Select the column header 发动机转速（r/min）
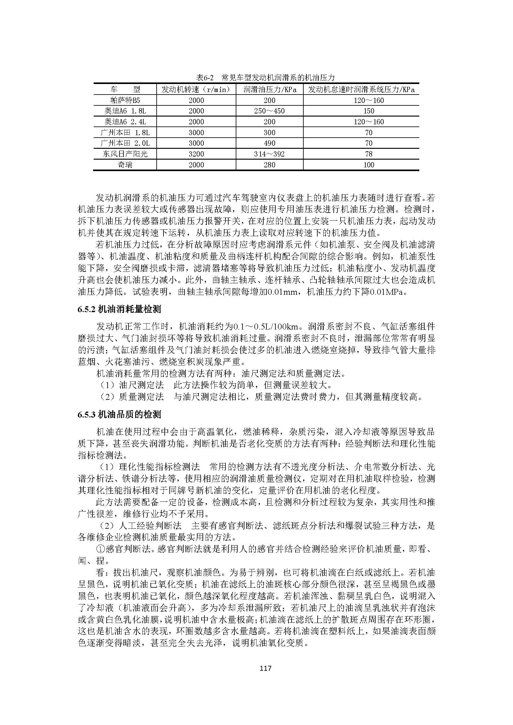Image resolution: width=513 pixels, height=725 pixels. [x=196, y=89]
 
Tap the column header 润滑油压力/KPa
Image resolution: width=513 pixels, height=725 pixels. [x=270, y=89]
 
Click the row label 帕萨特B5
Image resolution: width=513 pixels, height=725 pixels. [x=125, y=100]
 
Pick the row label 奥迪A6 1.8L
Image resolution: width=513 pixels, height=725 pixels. [x=125, y=111]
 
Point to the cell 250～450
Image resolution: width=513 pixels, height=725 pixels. [x=270, y=111]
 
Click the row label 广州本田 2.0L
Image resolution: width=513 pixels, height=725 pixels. [x=125, y=143]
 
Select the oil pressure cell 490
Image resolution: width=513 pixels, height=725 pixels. [x=270, y=143]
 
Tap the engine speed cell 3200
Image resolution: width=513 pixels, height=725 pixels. [x=196, y=154]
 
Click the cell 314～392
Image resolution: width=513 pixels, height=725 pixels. [x=270, y=154]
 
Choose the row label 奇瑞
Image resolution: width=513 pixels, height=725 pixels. [x=125, y=165]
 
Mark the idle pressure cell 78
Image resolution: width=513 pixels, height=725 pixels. [x=369, y=154]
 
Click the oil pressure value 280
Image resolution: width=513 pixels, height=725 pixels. [x=270, y=165]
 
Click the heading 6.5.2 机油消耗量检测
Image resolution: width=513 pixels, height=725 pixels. [x=119, y=309]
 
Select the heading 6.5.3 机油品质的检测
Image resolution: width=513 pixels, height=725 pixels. [x=119, y=414]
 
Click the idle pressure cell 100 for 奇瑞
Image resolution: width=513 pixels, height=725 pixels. [x=369, y=165]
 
